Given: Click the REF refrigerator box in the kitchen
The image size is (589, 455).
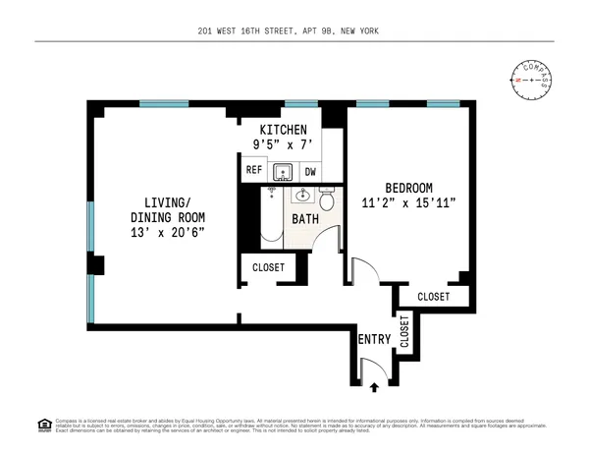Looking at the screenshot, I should pyautogui.click(x=252, y=170).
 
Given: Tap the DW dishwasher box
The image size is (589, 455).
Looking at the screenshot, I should pyautogui.click(x=308, y=170).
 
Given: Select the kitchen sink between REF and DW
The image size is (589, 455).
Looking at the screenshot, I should pyautogui.click(x=282, y=171).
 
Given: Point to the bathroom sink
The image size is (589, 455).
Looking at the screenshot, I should pyautogui.click(x=299, y=194).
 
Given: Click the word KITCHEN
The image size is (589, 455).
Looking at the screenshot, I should pyautogui.click(x=283, y=130).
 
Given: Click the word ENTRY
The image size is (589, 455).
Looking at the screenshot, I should pyautogui.click(x=374, y=340).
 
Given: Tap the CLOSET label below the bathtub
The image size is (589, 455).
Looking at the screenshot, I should pyautogui.click(x=268, y=267).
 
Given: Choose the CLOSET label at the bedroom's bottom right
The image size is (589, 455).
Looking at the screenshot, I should pyautogui.click(x=433, y=296).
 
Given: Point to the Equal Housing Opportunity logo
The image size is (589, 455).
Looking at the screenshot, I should pyautogui.click(x=44, y=425).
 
